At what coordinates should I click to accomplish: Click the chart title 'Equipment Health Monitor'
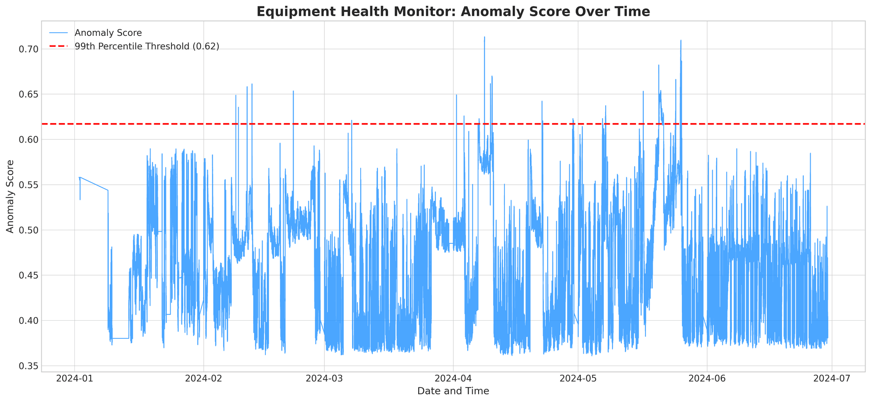pos(453,11)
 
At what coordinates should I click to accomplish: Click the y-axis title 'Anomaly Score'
pos(10,196)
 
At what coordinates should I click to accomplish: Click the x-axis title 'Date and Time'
pos(453,391)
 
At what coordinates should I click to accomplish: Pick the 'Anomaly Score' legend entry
pos(108,33)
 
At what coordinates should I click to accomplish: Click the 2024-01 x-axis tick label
pos(74,378)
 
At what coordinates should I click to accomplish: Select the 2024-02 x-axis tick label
pos(204,378)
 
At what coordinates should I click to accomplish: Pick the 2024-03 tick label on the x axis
pos(324,378)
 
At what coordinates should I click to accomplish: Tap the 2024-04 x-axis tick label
pos(453,378)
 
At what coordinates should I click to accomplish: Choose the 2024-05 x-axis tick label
pos(578,378)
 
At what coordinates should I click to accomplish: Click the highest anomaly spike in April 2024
pos(484,38)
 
